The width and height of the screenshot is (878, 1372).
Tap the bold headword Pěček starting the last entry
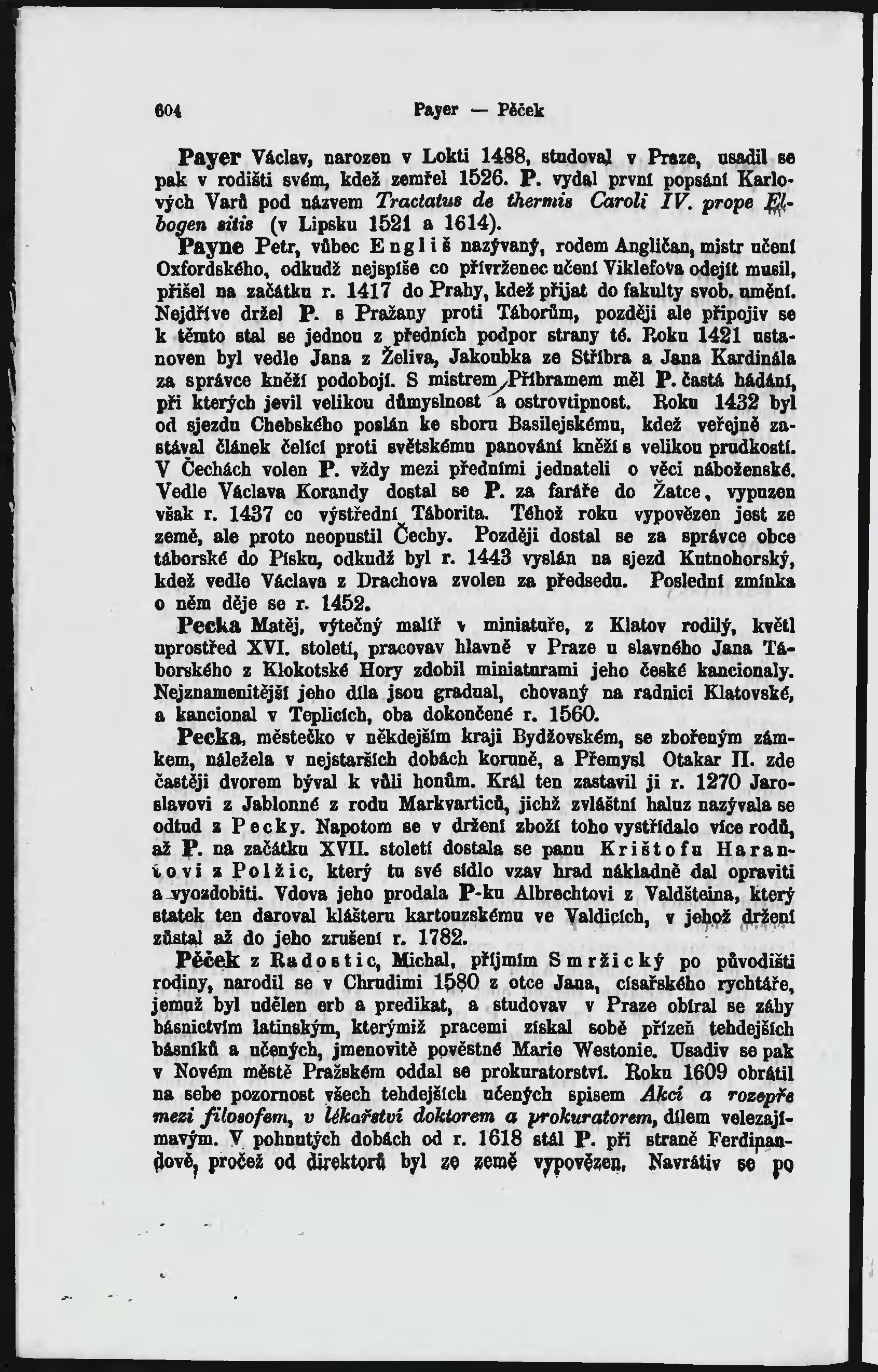(209, 960)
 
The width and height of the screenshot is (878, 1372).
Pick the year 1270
(715, 781)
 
